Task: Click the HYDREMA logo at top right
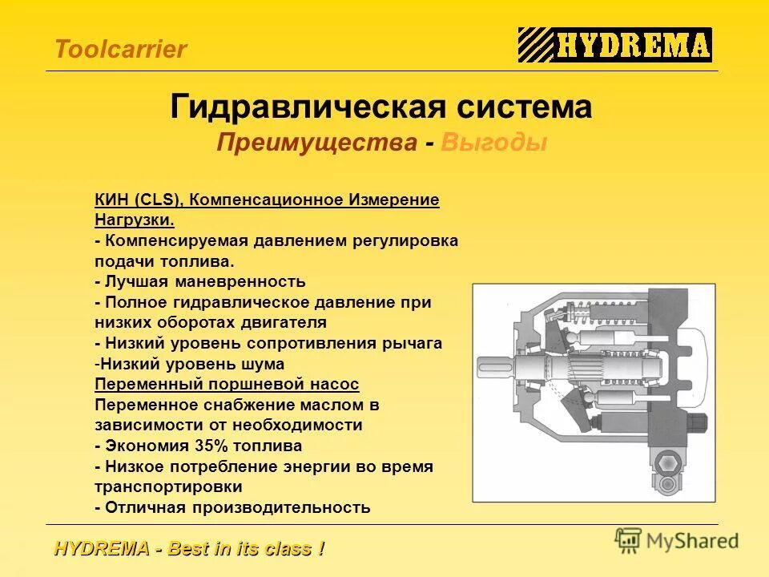pyautogui.click(x=614, y=45)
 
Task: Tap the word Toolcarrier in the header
pyautogui.click(x=120, y=50)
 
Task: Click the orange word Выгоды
pyautogui.click(x=493, y=143)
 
